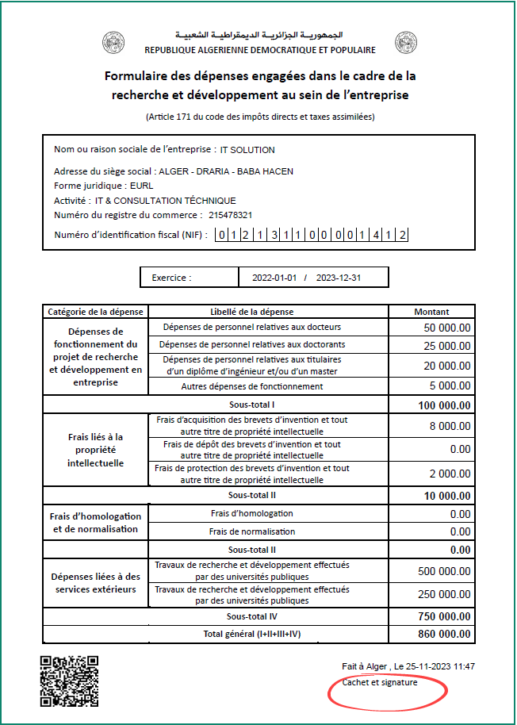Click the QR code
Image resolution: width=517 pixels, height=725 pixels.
coord(69,681)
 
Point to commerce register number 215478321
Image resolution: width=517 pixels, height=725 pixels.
coord(231,215)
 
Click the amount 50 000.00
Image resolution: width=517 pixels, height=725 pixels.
coord(447,327)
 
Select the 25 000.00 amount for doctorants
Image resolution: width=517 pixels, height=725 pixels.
coord(447,345)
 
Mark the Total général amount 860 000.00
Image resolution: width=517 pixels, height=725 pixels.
coord(445,634)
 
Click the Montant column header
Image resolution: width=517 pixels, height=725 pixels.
coord(431,312)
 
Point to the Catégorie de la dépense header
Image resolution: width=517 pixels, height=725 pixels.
coord(95,312)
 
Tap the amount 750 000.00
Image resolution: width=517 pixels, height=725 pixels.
coord(445,616)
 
